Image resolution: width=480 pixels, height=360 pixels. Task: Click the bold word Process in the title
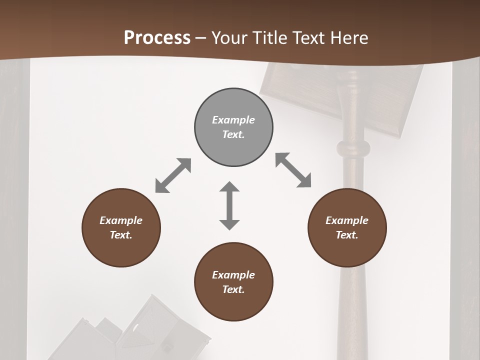click(157, 37)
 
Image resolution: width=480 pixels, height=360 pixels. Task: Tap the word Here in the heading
click(348, 37)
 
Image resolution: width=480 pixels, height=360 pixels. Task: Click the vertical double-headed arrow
click(229, 205)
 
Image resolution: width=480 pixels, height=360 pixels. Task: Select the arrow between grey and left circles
click(173, 175)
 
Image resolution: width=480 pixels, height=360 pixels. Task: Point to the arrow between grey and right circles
click(293, 170)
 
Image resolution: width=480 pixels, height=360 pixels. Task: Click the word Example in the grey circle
click(233, 120)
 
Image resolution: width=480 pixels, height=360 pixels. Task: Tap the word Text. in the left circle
click(121, 235)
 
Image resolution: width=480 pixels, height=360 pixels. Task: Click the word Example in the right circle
click(347, 220)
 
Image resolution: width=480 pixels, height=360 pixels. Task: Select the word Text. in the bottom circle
click(233, 289)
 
